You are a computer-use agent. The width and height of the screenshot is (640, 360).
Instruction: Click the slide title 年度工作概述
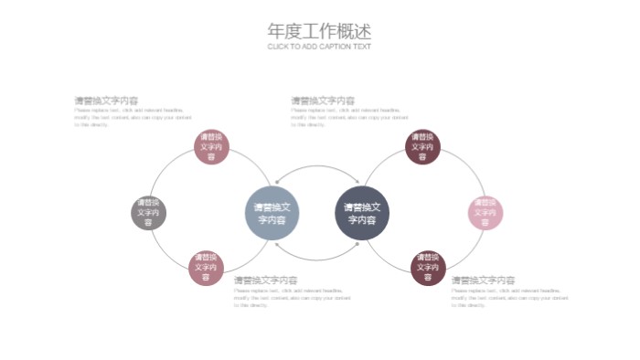pyautogui.click(x=319, y=31)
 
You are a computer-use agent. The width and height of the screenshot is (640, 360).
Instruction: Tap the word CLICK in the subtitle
pyautogui.click(x=278, y=47)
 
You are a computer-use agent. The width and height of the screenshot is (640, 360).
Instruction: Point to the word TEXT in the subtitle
pyautogui.click(x=362, y=47)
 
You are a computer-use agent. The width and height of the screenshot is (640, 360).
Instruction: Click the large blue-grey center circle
pyautogui.click(x=272, y=214)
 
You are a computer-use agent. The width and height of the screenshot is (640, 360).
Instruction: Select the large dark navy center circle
pyautogui.click(x=362, y=214)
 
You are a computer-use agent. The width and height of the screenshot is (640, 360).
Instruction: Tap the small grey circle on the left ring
pyautogui.click(x=148, y=214)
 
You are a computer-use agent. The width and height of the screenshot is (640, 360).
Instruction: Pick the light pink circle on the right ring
pyautogui.click(x=485, y=214)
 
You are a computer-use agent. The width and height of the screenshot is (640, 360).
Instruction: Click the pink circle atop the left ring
pyautogui.click(x=211, y=147)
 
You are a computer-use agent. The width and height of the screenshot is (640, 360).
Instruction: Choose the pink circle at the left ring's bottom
pyautogui.click(x=207, y=269)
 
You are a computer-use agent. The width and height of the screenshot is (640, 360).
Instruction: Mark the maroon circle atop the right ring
pyautogui.click(x=422, y=147)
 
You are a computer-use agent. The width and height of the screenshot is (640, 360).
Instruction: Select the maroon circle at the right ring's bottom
pyautogui.click(x=428, y=269)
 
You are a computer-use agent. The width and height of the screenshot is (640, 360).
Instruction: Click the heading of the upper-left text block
pyautogui.click(x=106, y=101)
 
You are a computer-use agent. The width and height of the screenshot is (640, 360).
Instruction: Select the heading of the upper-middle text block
pyautogui.click(x=323, y=101)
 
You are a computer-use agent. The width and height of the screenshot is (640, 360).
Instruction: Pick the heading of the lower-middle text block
pyautogui.click(x=266, y=281)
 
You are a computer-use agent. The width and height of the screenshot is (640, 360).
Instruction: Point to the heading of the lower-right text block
pyautogui.click(x=483, y=281)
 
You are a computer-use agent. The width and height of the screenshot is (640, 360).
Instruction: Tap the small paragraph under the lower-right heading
pyautogui.click(x=509, y=297)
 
